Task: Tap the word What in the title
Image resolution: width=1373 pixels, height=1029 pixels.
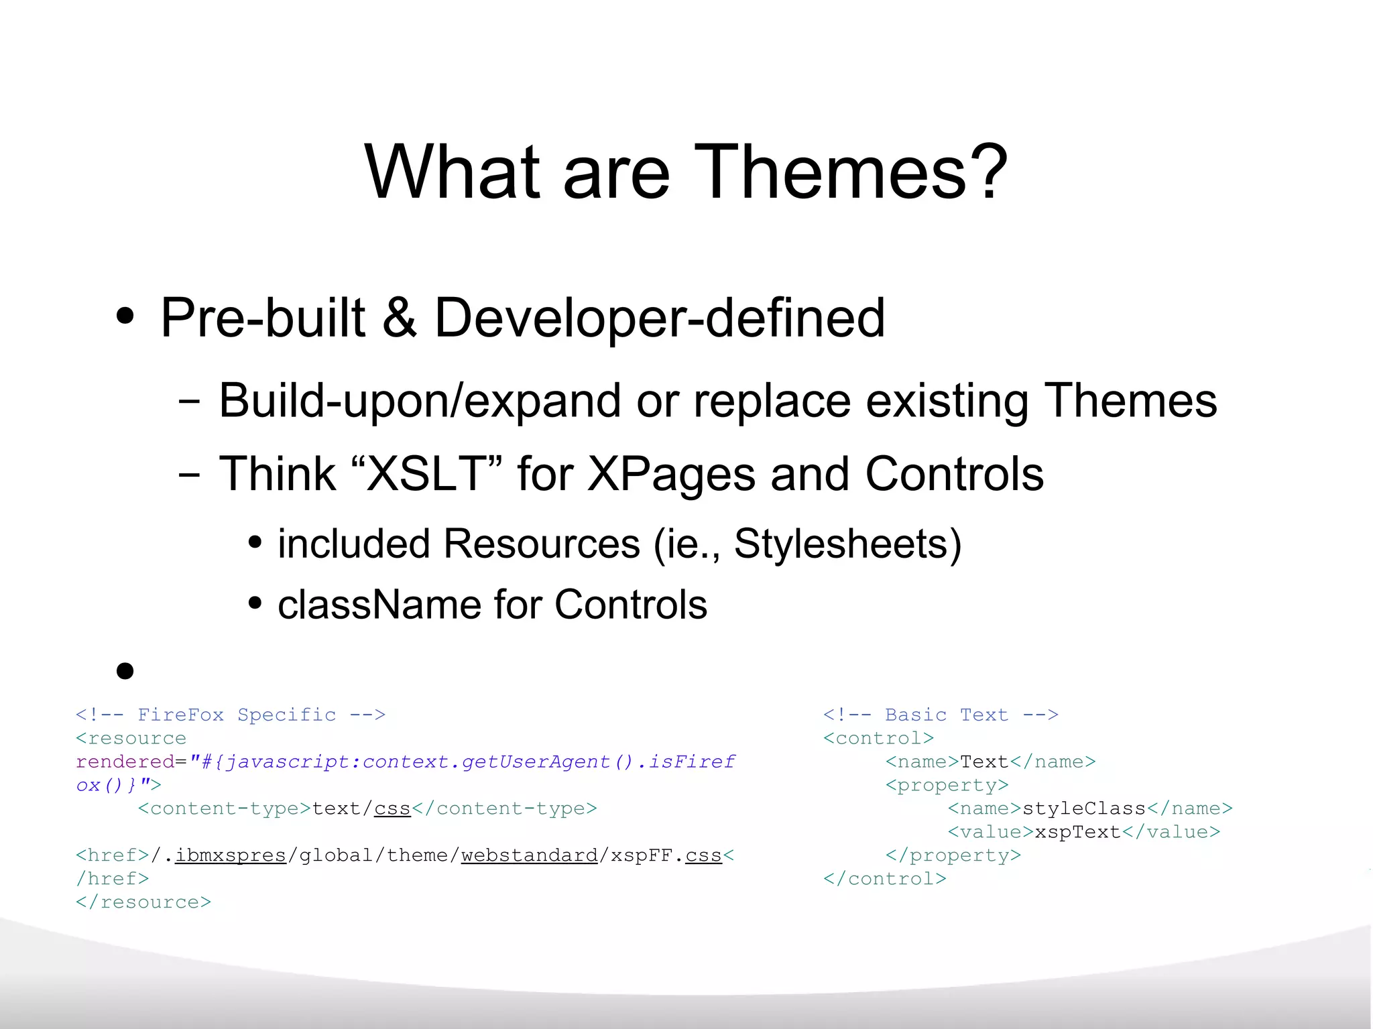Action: [x=452, y=172]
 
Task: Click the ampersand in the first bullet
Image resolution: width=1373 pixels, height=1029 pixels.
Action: [x=400, y=318]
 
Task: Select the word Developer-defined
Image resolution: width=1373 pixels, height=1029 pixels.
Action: [x=660, y=318]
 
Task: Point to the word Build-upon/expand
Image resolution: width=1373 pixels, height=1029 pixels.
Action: [x=420, y=401]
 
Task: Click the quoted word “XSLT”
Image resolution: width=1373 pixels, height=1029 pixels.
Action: [x=426, y=474]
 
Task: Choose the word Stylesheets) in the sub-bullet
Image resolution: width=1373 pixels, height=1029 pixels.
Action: [x=848, y=544]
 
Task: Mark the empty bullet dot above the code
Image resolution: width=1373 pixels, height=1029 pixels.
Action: [x=125, y=670]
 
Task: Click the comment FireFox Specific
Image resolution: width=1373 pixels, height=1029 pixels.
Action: [x=236, y=715]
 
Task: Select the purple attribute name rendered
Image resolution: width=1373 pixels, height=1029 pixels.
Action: [x=125, y=762]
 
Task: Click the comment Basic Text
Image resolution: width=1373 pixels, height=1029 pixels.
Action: [x=946, y=715]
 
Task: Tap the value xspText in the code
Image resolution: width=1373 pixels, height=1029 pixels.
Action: [x=1077, y=833]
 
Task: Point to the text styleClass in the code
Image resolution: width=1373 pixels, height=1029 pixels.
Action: [x=1083, y=809]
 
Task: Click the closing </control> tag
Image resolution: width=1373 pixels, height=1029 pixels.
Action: [x=884, y=879]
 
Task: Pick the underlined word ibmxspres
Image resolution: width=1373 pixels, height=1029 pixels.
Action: [x=231, y=856]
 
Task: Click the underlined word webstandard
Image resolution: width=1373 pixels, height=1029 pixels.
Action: [x=529, y=856]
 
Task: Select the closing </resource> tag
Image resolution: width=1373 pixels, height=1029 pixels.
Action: [x=143, y=902]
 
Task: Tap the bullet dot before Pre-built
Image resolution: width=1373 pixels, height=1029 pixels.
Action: [x=125, y=316]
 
